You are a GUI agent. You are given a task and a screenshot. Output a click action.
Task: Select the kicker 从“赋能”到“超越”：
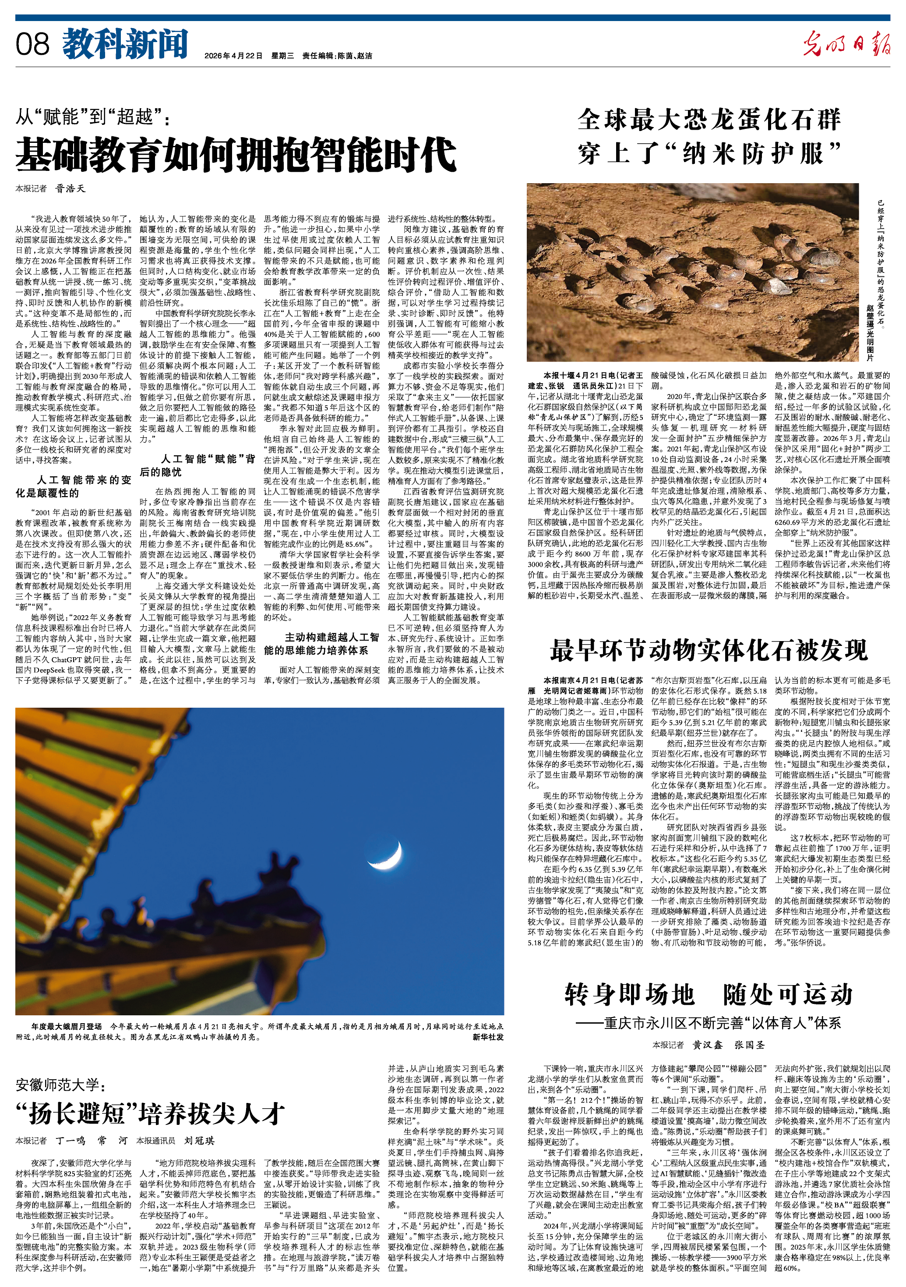92,118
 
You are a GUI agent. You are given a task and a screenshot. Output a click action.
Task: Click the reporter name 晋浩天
70,189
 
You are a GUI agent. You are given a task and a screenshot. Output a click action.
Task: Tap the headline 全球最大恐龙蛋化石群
709,120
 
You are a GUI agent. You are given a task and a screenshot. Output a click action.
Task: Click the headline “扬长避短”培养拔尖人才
151,1113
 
